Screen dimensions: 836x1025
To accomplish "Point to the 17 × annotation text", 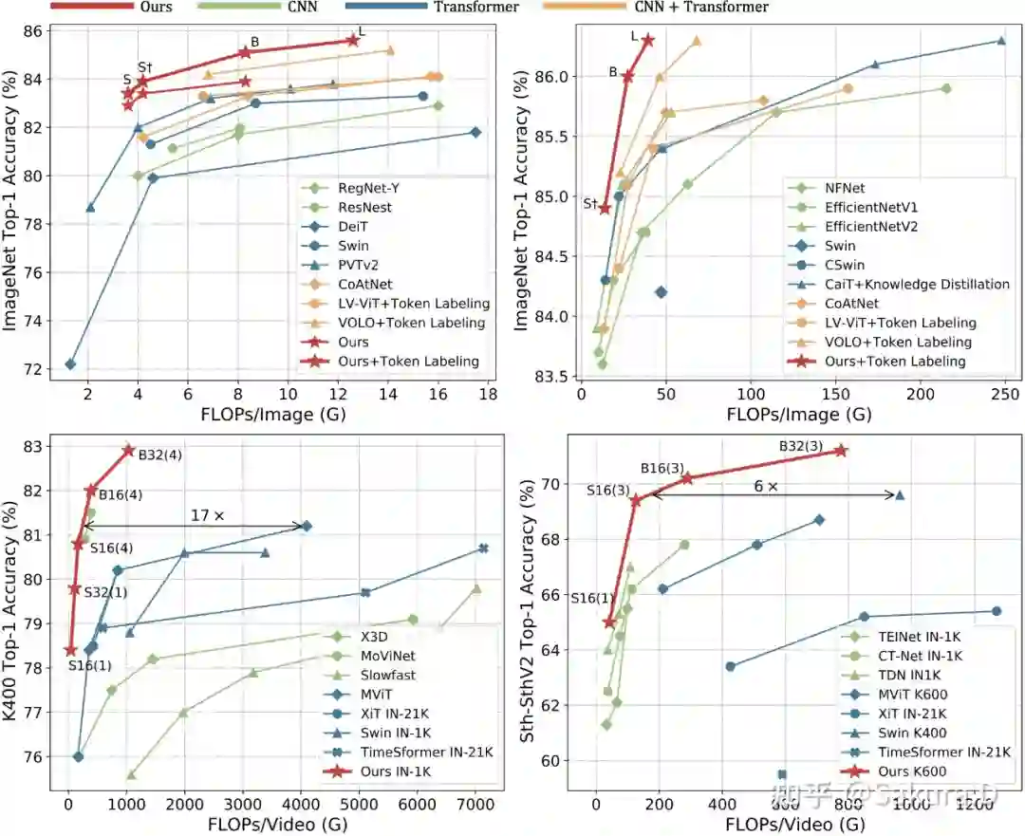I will point(208,515).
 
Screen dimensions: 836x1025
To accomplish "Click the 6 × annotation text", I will point(765,485).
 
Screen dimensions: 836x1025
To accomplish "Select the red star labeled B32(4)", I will point(128,449).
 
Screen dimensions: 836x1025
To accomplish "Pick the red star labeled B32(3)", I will point(840,450).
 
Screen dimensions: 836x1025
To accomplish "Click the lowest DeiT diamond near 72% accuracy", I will point(70,364).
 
